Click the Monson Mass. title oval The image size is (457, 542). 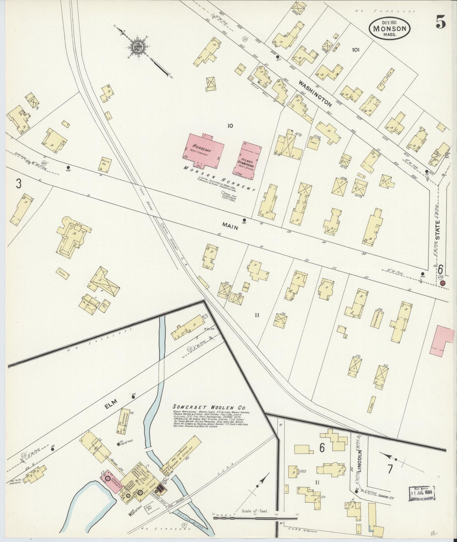390,28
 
